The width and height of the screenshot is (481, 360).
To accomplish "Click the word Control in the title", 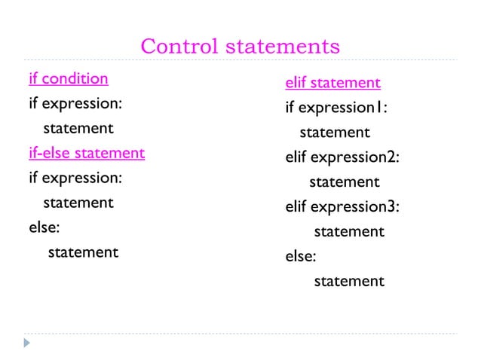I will (179, 47).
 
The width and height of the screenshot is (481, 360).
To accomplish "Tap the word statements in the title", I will (283, 47).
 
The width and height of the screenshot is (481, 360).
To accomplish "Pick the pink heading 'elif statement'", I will (332, 83).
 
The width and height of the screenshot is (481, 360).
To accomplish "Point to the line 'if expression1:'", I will (336, 108).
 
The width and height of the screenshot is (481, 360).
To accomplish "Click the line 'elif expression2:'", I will (342, 157).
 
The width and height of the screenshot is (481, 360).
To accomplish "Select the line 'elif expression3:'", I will (342, 206).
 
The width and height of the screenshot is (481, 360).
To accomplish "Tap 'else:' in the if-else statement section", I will (44, 227).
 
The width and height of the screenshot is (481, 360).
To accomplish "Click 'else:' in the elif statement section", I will (301, 256).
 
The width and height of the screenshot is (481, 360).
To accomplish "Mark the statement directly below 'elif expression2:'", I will (345, 182).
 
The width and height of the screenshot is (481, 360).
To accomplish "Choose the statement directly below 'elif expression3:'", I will (349, 232).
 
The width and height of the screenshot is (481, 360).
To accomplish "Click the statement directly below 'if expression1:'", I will (335, 133).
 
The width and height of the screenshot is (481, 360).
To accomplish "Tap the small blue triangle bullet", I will (27, 343).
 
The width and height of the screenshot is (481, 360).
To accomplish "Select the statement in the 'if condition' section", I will (78, 128).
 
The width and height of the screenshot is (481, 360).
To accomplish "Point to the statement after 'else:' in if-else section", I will (83, 252).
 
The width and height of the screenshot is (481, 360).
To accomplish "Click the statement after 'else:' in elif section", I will (349, 282).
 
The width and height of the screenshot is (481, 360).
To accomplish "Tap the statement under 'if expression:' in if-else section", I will (78, 203).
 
